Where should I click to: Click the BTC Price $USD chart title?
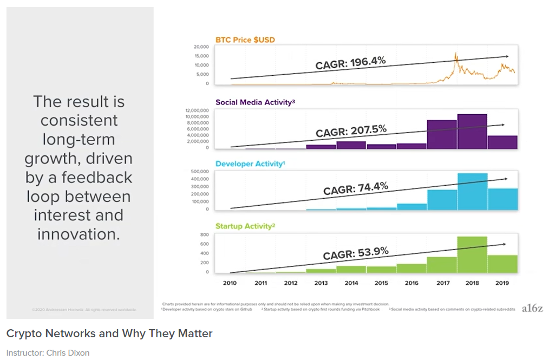coord(245,40)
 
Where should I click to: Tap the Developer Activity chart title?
coord(250,164)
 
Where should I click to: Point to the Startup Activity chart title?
coord(245,226)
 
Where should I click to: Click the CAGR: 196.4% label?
coord(350,63)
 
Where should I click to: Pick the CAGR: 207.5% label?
coord(351,132)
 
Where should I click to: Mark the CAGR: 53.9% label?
coord(356,252)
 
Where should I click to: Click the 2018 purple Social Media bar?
coord(472,131)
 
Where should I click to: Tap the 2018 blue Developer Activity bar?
coord(472,192)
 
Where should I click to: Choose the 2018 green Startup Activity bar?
coord(472,254)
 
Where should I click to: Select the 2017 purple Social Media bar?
coord(442,134)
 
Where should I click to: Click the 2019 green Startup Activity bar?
coord(502,263)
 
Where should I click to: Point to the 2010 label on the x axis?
coord(230,283)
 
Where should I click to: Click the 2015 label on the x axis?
coord(381,283)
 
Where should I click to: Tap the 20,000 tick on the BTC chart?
coord(201,47)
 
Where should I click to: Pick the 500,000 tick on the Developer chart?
coord(199,172)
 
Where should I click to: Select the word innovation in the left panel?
coord(78,234)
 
